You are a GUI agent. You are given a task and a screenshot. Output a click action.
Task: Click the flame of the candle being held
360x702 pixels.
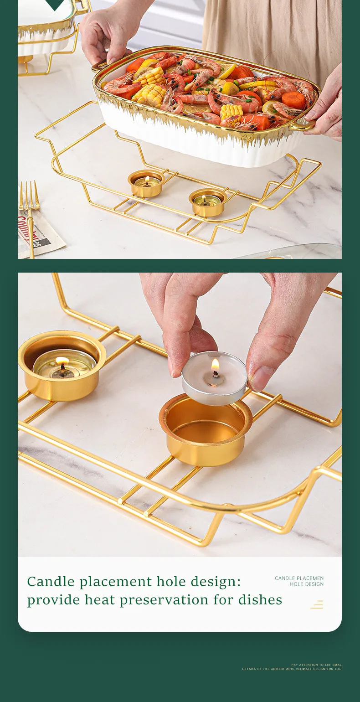[x=215, y=366]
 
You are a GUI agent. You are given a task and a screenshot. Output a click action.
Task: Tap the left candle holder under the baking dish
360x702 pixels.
[x=145, y=183]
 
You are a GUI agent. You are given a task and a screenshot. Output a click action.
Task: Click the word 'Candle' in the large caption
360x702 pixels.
[x=51, y=582]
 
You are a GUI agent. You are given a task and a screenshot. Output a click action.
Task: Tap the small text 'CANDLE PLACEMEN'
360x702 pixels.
[x=299, y=578]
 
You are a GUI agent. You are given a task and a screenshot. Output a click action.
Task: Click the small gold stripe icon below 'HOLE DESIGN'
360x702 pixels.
[x=317, y=604]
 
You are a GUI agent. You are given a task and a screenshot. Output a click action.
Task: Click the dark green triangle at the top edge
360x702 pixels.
[x=55, y=5]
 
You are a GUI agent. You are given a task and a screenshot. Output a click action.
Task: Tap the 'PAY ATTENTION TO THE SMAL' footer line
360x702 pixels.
[x=316, y=665]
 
